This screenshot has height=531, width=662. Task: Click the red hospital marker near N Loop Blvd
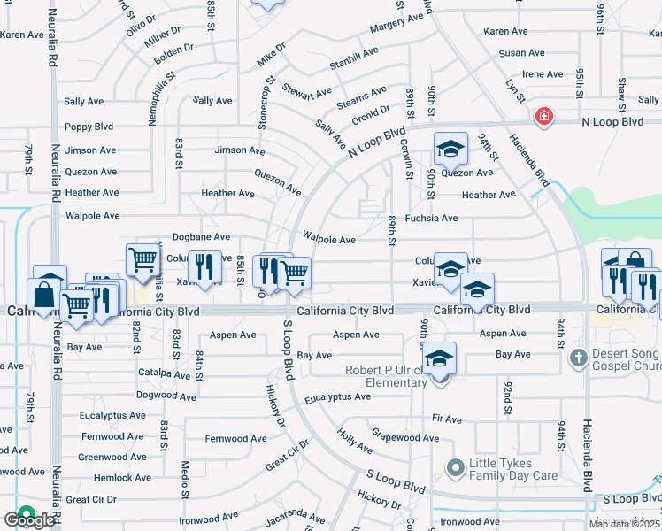(543, 117)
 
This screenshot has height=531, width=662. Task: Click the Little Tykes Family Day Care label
(513, 468)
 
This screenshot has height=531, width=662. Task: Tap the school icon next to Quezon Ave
(450, 149)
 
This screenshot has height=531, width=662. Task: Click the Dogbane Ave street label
(201, 237)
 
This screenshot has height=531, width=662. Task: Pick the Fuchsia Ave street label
(431, 218)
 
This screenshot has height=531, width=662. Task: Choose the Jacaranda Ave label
(294, 516)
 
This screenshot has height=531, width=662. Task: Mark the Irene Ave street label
(543, 74)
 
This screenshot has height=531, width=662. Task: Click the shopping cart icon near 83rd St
(142, 260)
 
